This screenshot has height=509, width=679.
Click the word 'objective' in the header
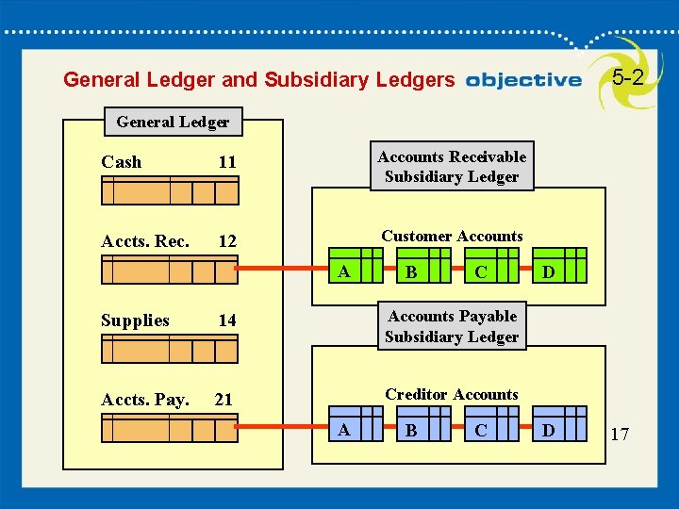point(523,80)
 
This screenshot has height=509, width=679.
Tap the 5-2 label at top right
point(628,77)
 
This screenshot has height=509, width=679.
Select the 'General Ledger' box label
point(173,122)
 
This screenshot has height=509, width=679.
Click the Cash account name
point(122,162)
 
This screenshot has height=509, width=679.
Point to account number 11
point(227,163)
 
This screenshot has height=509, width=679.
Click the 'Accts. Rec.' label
point(145,241)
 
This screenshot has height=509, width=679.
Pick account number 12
point(227,242)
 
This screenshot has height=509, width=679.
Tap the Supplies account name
point(135,320)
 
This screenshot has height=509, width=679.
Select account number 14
point(227,321)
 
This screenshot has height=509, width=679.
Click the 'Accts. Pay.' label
point(145,400)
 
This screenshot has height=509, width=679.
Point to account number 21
point(224,400)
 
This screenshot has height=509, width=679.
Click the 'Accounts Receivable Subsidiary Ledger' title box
point(452,167)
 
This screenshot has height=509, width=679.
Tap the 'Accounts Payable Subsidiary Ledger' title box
point(452,326)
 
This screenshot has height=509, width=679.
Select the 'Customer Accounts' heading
point(452,236)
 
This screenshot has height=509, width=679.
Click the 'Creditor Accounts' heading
point(452,394)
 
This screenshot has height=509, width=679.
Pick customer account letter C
point(481,273)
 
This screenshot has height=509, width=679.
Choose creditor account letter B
point(409,432)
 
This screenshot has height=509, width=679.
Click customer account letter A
point(344,272)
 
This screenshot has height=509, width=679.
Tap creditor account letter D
point(549,432)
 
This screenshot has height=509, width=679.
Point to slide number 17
point(620,435)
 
